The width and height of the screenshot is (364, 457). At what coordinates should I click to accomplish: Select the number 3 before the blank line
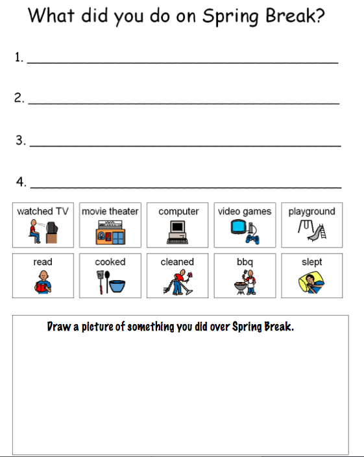click(20, 140)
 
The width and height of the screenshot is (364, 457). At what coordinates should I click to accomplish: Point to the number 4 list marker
click(20, 182)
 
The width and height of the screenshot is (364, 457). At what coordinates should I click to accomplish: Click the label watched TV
click(43, 211)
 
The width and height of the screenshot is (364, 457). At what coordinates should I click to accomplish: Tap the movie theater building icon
click(110, 233)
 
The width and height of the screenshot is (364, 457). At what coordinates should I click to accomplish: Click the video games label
click(245, 211)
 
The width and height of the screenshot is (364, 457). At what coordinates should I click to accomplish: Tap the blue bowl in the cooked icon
click(115, 285)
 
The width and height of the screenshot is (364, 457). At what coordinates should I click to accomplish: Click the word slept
click(311, 262)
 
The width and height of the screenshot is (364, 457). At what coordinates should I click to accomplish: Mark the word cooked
click(110, 262)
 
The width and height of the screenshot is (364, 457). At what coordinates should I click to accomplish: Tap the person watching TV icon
click(43, 231)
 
